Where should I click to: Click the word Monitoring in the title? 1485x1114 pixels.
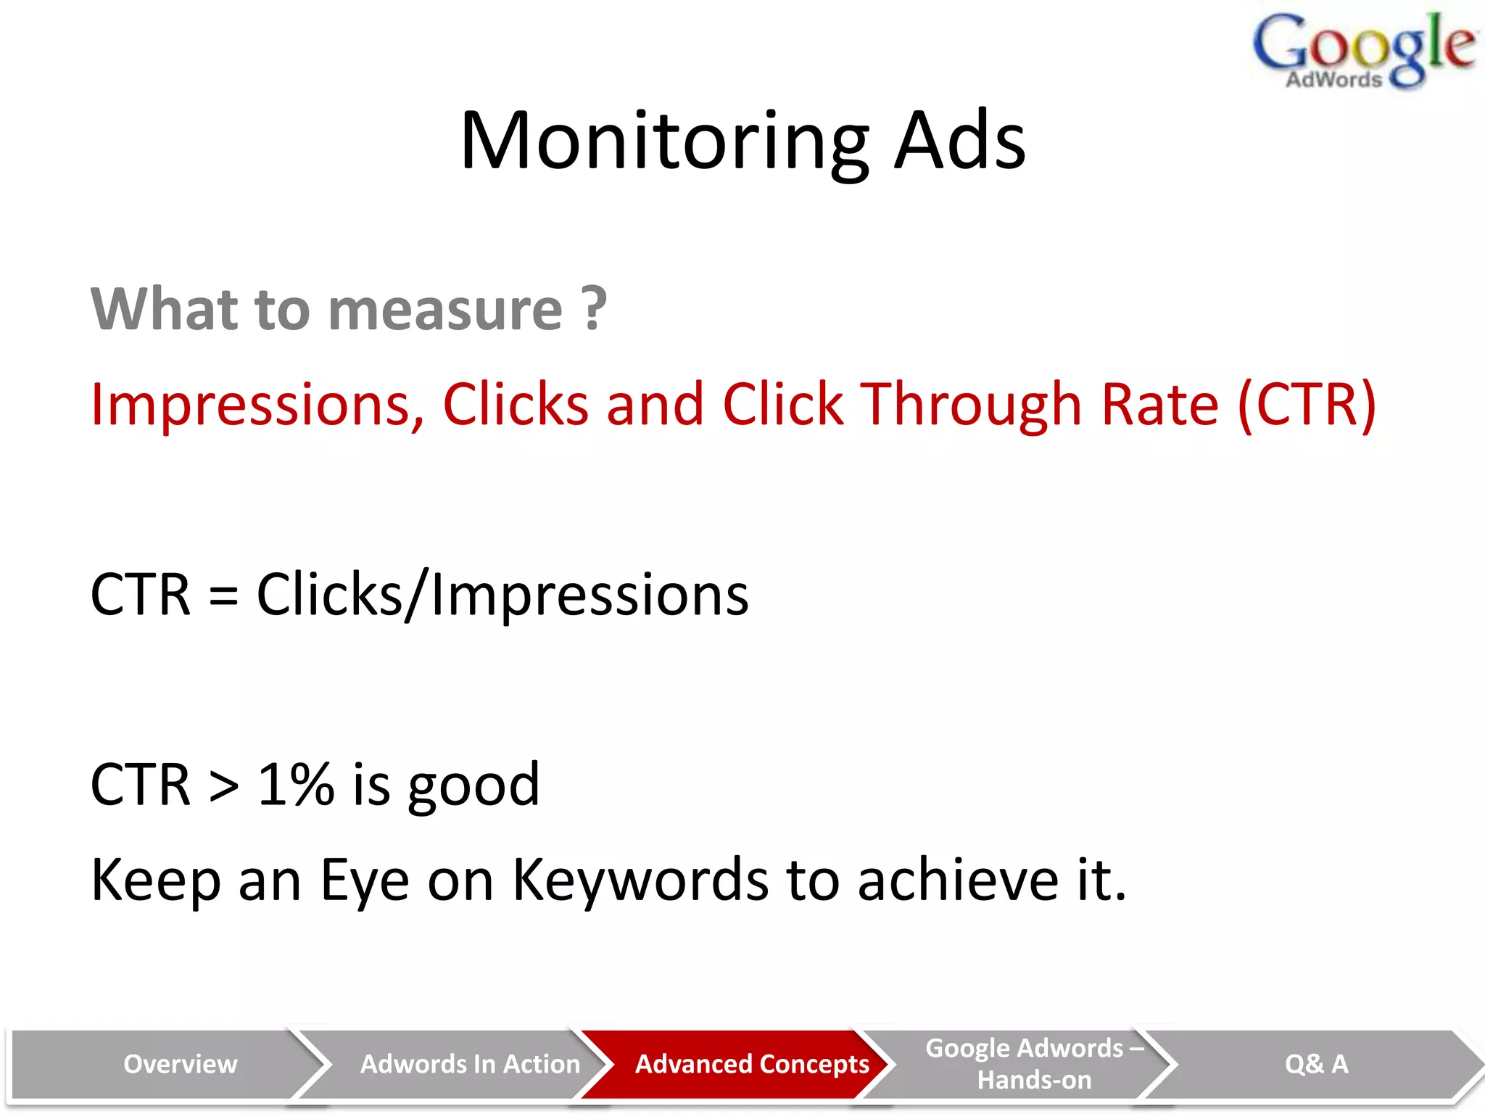pyautogui.click(x=664, y=141)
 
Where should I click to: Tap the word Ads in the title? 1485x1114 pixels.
pyautogui.click(x=959, y=141)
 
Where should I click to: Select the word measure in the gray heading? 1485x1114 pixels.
pyautogui.click(x=445, y=310)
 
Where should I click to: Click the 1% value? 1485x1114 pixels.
pyautogui.click(x=296, y=785)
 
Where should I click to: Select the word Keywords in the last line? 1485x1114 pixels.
pyautogui.click(x=640, y=880)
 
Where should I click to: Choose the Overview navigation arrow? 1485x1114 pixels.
pyautogui.click(x=180, y=1064)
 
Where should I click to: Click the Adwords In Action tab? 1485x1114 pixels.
pyautogui.click(x=470, y=1064)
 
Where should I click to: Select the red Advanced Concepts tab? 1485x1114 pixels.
pyautogui.click(x=752, y=1064)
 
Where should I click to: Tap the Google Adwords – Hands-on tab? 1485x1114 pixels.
pyautogui.click(x=1034, y=1064)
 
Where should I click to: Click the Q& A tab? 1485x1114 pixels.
pyautogui.click(x=1316, y=1064)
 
